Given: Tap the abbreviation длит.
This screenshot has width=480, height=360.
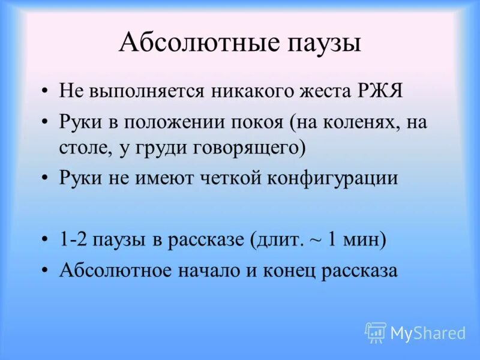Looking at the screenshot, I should click(x=292, y=240).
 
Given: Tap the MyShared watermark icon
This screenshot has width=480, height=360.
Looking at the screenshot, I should click(x=376, y=332).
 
